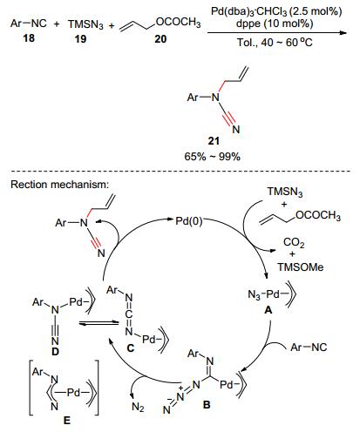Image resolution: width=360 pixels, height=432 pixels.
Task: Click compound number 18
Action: (29, 37)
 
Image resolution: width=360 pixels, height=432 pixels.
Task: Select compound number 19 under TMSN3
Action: (80, 38)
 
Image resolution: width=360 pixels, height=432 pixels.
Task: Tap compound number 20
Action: (160, 38)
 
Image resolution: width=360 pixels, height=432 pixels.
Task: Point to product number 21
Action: (214, 141)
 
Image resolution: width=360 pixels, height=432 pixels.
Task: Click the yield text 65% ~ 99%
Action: (213, 157)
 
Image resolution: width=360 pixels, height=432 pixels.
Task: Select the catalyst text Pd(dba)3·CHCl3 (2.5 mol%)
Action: (276, 11)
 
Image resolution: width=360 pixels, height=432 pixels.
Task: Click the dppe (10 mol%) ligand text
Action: (275, 24)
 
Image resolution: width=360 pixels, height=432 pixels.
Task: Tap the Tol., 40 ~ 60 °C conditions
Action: (275, 43)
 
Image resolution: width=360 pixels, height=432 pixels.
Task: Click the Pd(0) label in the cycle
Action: (189, 221)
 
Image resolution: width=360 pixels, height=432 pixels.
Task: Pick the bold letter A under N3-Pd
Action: (268, 310)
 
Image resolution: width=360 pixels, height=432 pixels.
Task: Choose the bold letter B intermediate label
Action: (207, 404)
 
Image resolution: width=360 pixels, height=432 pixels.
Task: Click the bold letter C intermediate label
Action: (131, 348)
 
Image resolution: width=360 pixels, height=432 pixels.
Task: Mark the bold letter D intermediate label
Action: (55, 352)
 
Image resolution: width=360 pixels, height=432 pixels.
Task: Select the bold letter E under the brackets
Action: (67, 420)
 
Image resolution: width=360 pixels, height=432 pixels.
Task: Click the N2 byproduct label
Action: (138, 408)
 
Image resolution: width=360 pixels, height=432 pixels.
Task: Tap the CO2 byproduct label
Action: (294, 242)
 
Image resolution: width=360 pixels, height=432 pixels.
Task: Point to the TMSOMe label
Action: (301, 267)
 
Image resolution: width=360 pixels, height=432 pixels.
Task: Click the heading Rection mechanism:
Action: (60, 185)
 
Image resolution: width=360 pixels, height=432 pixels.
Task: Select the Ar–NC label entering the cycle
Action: (309, 347)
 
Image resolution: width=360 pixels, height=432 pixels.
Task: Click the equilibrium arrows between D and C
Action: (98, 323)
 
